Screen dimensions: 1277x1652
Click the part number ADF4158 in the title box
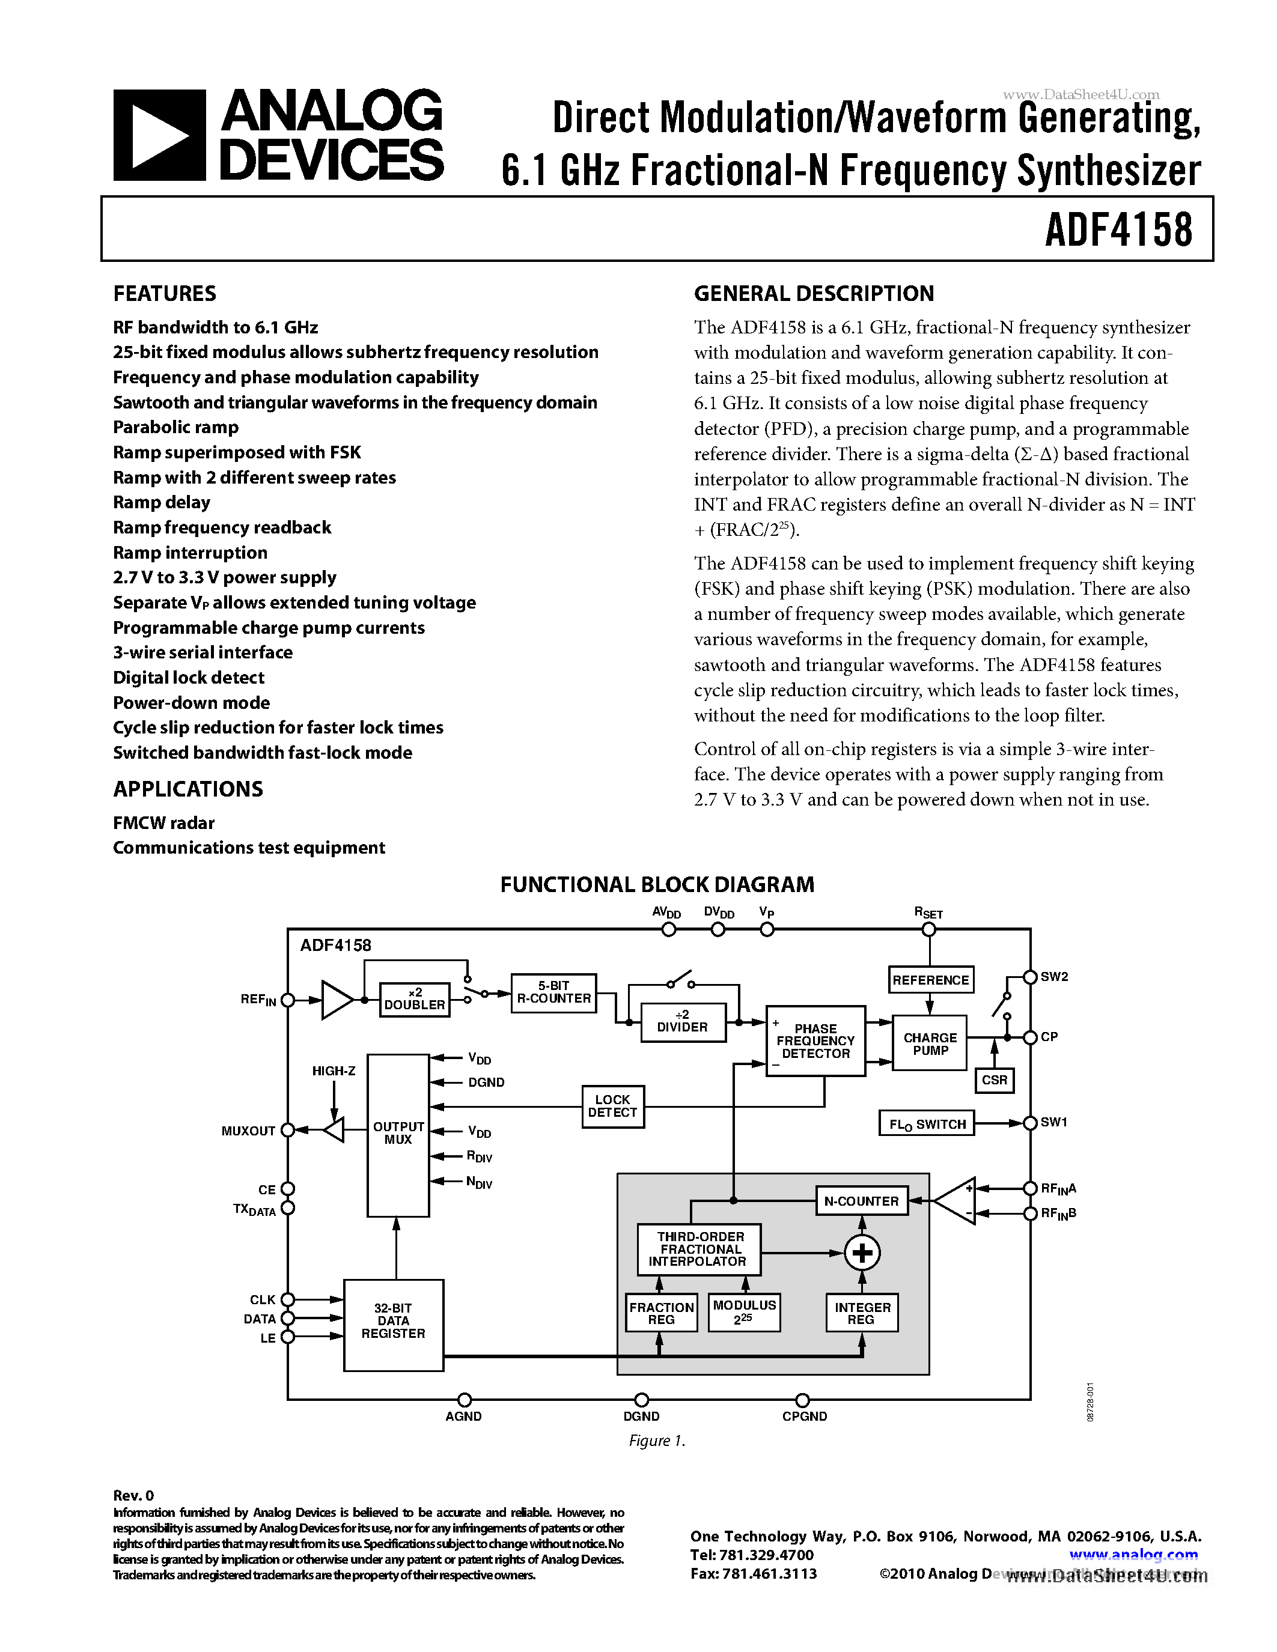pyautogui.click(x=1118, y=229)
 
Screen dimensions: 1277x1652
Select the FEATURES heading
pyautogui.click(x=164, y=294)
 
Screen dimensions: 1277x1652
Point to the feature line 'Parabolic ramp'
pyautogui.click(x=175, y=427)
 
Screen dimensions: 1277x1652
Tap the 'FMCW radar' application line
pyautogui.click(x=163, y=823)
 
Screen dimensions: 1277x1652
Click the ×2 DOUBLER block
pyautogui.click(x=415, y=999)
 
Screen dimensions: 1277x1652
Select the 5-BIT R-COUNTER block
pyautogui.click(x=554, y=992)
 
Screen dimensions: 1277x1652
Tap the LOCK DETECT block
pyautogui.click(x=613, y=1106)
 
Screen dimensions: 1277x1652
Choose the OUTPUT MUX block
pyautogui.click(x=398, y=1134)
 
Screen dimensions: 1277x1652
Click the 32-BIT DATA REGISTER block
pyautogui.click(x=394, y=1325)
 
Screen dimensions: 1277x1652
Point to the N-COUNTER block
pyautogui.click(x=862, y=1200)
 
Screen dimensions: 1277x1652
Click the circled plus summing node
pyautogui.click(x=862, y=1253)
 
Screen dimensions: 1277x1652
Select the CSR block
pyautogui.click(x=994, y=1080)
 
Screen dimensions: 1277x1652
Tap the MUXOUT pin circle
pyautogui.click(x=287, y=1130)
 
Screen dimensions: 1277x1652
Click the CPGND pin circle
pyautogui.click(x=803, y=1400)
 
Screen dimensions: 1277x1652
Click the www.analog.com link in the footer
pyautogui.click(x=1133, y=1555)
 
